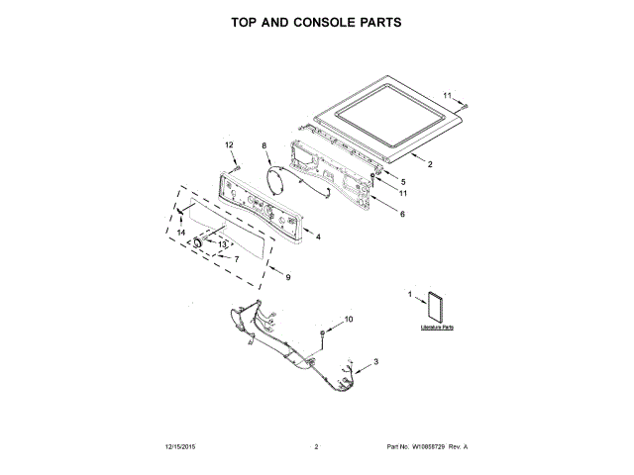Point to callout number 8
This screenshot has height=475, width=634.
[x=264, y=146]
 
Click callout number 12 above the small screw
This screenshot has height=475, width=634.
[x=229, y=145]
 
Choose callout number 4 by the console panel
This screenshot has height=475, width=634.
[x=318, y=237]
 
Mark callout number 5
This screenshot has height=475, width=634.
[x=402, y=182]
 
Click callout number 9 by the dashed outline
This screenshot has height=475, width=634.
[x=287, y=279]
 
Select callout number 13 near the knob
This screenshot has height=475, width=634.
[x=223, y=243]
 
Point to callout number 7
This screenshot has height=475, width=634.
[x=236, y=259]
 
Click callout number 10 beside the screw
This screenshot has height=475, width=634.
[x=348, y=319]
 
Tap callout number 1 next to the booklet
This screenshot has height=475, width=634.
[x=410, y=294]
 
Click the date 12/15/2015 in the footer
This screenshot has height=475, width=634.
[x=182, y=447]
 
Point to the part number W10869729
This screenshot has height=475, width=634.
[x=429, y=447]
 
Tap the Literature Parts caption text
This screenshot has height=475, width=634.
[x=436, y=327]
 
